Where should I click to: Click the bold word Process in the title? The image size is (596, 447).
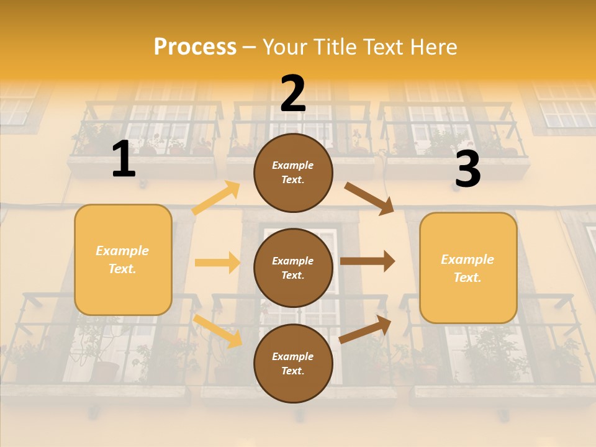pyautogui.click(x=195, y=47)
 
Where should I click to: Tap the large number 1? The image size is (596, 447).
pyautogui.click(x=124, y=159)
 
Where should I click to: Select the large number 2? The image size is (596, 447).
pyautogui.click(x=293, y=94)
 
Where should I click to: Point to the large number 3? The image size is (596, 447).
pyautogui.click(x=467, y=169)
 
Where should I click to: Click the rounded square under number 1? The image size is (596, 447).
pyautogui.click(x=123, y=260)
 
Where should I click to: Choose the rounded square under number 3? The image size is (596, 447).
pyautogui.click(x=468, y=268)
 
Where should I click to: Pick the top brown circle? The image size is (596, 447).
pyautogui.click(x=293, y=172)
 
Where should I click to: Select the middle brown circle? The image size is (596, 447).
pyautogui.click(x=293, y=268)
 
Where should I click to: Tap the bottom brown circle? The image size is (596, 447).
pyautogui.click(x=293, y=363)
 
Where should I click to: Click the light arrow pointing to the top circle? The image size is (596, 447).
pyautogui.click(x=216, y=198)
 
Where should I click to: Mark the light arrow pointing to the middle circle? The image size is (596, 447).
pyautogui.click(x=217, y=263)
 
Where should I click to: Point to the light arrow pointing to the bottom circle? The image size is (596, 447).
pyautogui.click(x=218, y=331)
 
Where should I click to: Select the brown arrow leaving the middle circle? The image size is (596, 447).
pyautogui.click(x=368, y=261)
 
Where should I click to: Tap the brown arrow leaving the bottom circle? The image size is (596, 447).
pyautogui.click(x=365, y=329)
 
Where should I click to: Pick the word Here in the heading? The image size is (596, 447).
pyautogui.click(x=434, y=47)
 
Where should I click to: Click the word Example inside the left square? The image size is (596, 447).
pyautogui.click(x=122, y=251)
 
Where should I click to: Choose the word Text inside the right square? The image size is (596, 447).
pyautogui.click(x=467, y=278)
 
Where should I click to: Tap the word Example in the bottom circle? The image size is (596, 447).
pyautogui.click(x=293, y=356)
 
